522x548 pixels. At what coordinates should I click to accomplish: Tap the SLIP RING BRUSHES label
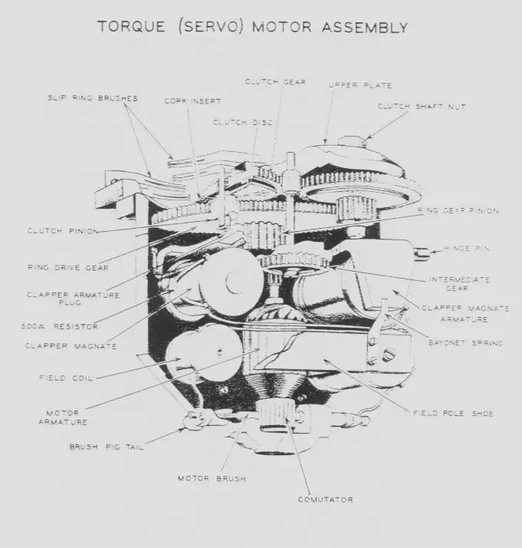(x=92, y=98)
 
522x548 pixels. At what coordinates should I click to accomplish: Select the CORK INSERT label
(x=187, y=101)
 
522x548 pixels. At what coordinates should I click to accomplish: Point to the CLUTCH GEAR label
(x=274, y=81)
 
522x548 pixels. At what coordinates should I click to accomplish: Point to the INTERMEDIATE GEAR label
(x=460, y=284)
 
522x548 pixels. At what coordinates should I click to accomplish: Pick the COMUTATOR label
(x=326, y=500)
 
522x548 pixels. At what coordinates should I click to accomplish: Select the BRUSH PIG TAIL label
(x=107, y=447)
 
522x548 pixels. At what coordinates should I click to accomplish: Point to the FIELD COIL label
(x=67, y=378)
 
